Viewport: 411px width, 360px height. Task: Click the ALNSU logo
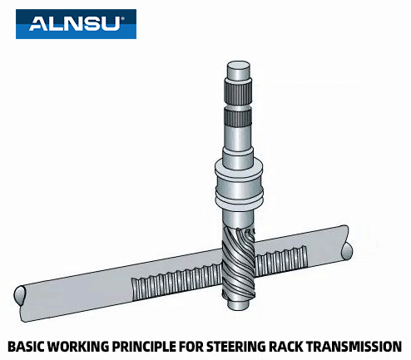click(76, 23)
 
